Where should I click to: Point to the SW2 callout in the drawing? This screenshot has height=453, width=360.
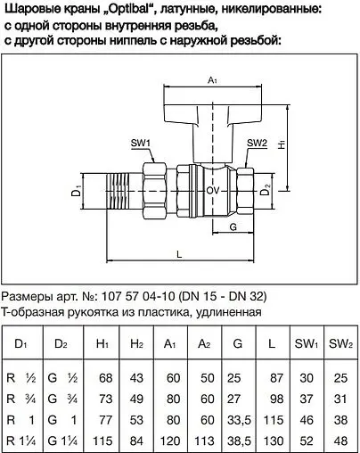(x=257, y=143)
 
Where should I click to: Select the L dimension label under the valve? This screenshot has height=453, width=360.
(x=180, y=256)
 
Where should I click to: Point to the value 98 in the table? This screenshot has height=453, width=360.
(x=273, y=398)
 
